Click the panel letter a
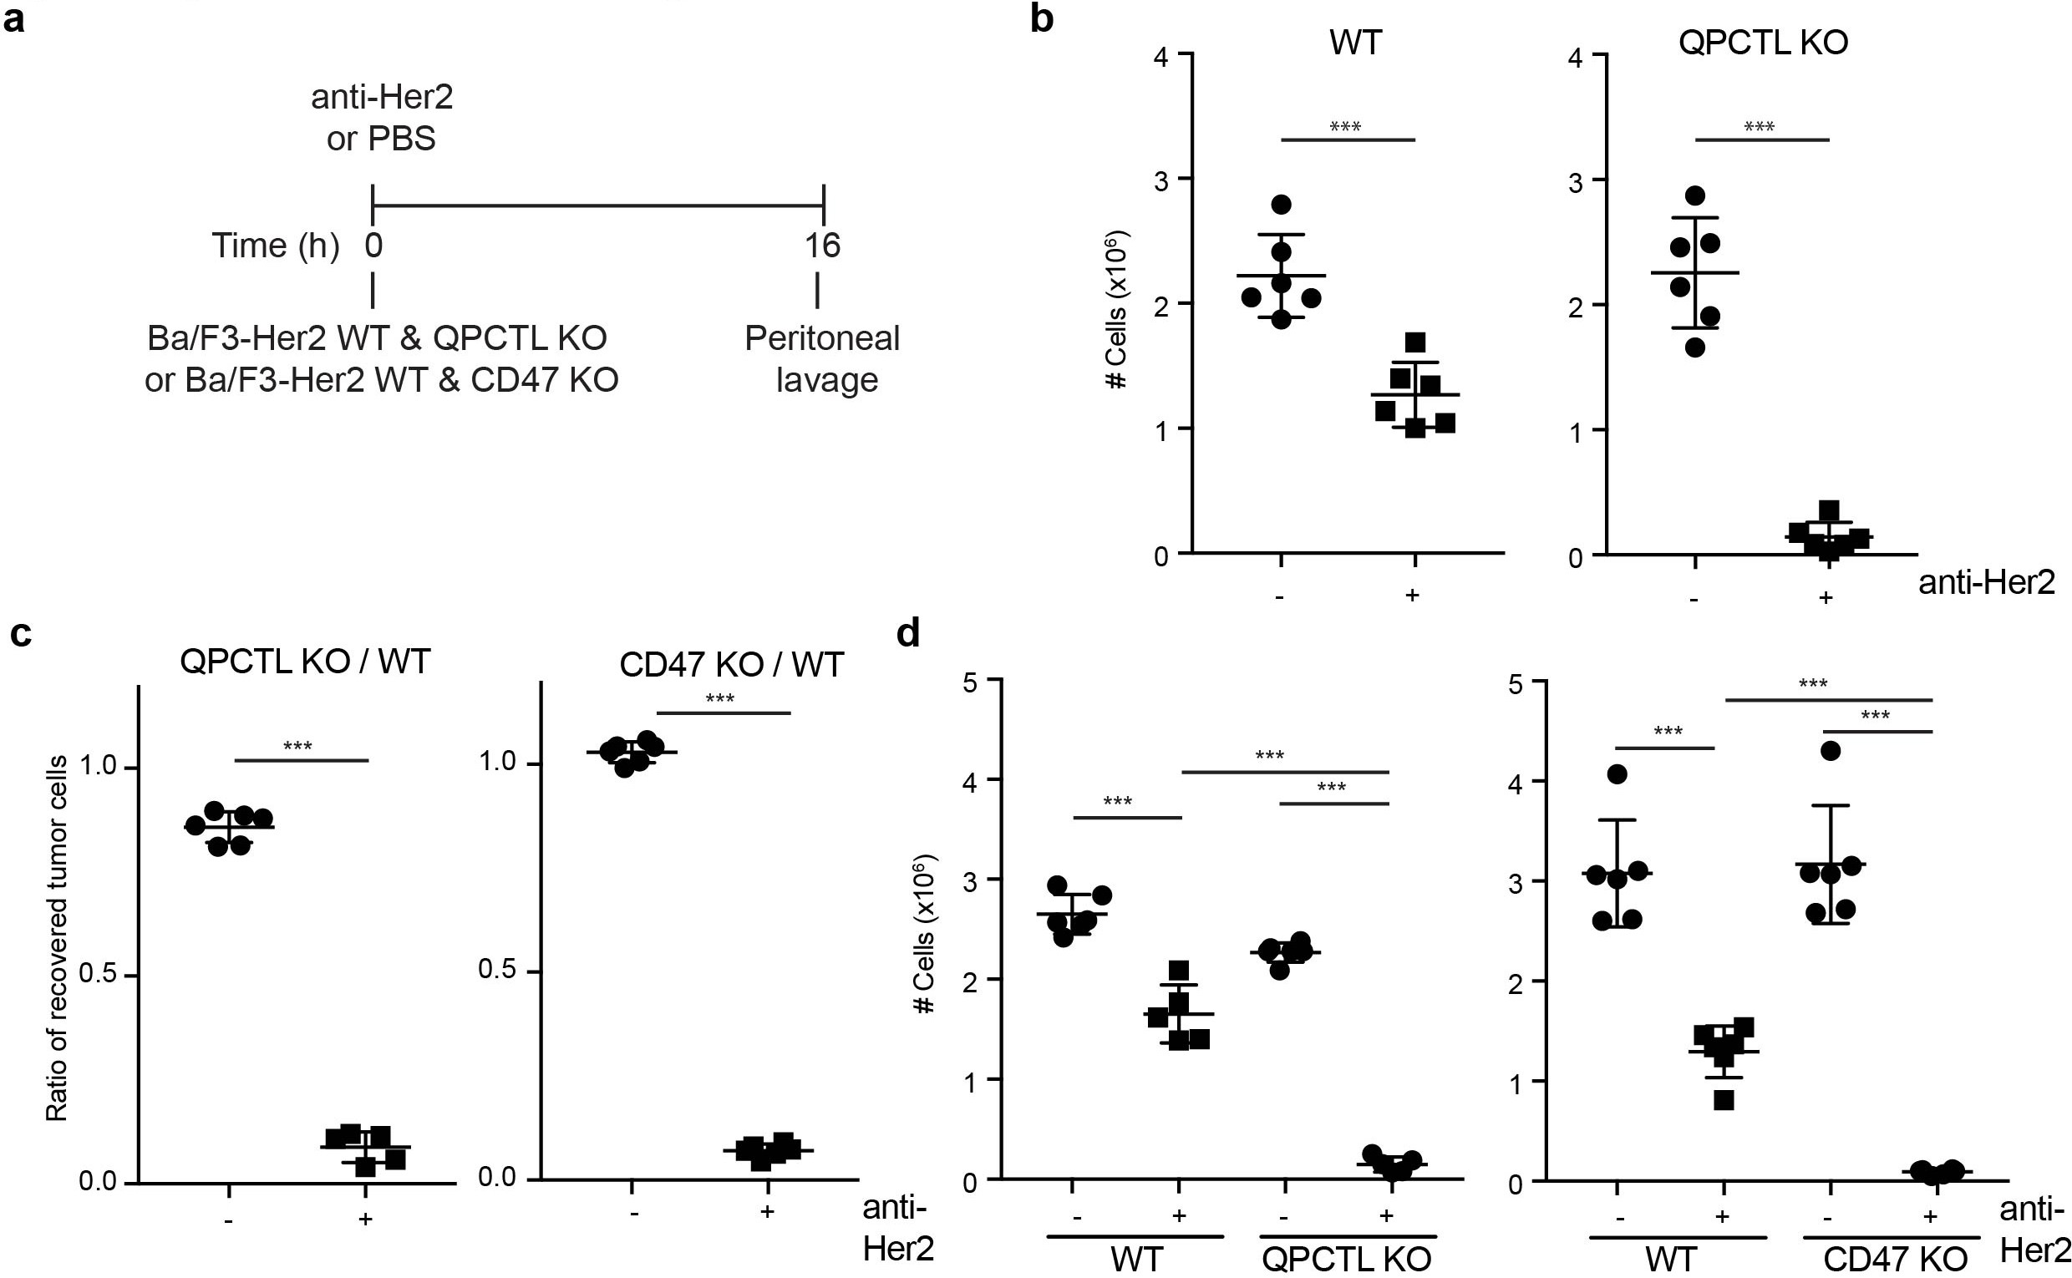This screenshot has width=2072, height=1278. pos(13,18)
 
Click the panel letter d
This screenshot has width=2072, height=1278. pos(908,633)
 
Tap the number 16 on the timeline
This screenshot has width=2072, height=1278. pos(822,246)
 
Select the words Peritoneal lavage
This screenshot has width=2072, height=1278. pos(823,358)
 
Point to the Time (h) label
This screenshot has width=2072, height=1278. pos(276,246)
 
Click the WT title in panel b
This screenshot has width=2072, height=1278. pos(1355,42)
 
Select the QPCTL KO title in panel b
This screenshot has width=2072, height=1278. pos(1763,43)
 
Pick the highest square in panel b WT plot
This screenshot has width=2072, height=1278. pos(1415,342)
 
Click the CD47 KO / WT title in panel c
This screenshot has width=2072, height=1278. pos(731,664)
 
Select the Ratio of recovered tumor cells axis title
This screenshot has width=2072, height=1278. pos(57,938)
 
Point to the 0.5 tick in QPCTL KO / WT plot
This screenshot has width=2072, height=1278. pos(97,976)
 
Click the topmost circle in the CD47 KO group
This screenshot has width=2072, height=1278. pos(1831,751)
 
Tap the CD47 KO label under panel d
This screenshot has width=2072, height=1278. pos(1895,1260)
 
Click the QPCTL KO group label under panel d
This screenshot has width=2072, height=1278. pos(1346,1260)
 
